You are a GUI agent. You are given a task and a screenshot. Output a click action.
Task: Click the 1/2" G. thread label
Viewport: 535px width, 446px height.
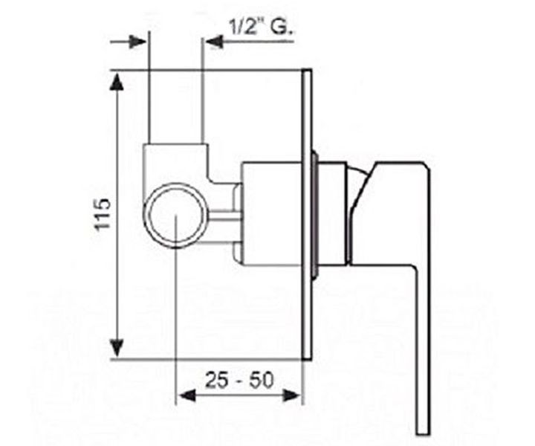262,28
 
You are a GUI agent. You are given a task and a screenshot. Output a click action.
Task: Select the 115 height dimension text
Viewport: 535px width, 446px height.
103,214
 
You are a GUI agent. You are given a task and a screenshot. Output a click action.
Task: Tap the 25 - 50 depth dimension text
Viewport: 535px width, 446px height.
239,380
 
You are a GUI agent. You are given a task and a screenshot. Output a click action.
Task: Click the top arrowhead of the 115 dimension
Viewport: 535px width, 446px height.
117,83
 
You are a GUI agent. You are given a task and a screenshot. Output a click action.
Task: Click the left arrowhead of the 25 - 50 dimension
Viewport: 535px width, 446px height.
187,395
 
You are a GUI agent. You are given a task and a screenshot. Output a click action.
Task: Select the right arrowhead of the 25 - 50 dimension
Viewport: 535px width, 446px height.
292,395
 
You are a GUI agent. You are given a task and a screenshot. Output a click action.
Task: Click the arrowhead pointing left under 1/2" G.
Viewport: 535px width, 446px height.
215,42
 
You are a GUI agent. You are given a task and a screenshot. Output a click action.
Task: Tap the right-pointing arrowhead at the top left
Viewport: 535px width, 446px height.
137,42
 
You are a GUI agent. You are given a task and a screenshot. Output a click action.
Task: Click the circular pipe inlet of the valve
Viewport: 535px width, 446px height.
176,215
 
